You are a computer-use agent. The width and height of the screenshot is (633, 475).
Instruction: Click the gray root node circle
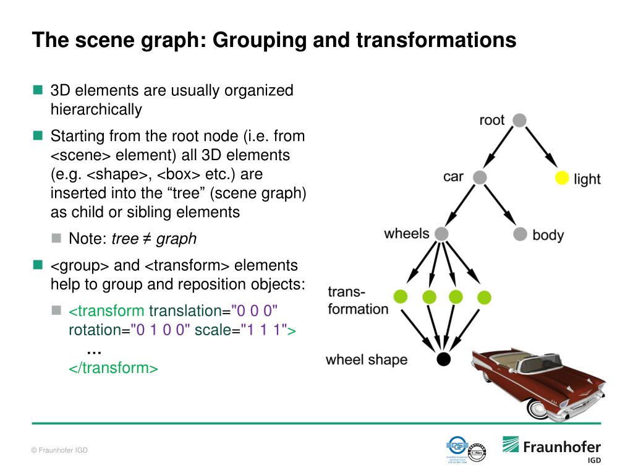[x=520, y=121]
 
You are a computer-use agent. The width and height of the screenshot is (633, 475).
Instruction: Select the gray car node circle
[x=480, y=178]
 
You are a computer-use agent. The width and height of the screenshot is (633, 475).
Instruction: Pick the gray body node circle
[x=520, y=234]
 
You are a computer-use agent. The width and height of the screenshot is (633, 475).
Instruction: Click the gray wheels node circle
[x=441, y=234]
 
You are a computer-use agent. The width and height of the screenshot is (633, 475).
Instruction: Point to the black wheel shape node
[x=443, y=359]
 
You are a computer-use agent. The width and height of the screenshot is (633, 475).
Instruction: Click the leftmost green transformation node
[x=400, y=297]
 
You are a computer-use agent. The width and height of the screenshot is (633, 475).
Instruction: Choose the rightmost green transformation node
[x=484, y=297]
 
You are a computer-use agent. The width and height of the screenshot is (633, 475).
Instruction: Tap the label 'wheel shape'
[x=367, y=359]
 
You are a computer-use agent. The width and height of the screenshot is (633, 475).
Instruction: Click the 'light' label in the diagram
[x=587, y=179]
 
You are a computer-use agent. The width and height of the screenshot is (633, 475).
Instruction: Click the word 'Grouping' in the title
[x=258, y=40]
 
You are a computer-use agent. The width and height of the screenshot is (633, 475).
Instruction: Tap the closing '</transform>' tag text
[x=113, y=368]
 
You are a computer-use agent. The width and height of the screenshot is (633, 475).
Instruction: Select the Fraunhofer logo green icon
[x=511, y=444]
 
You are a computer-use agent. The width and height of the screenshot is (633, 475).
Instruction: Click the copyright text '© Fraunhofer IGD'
[x=59, y=450]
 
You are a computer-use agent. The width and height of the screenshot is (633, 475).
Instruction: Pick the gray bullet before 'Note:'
[x=57, y=238]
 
